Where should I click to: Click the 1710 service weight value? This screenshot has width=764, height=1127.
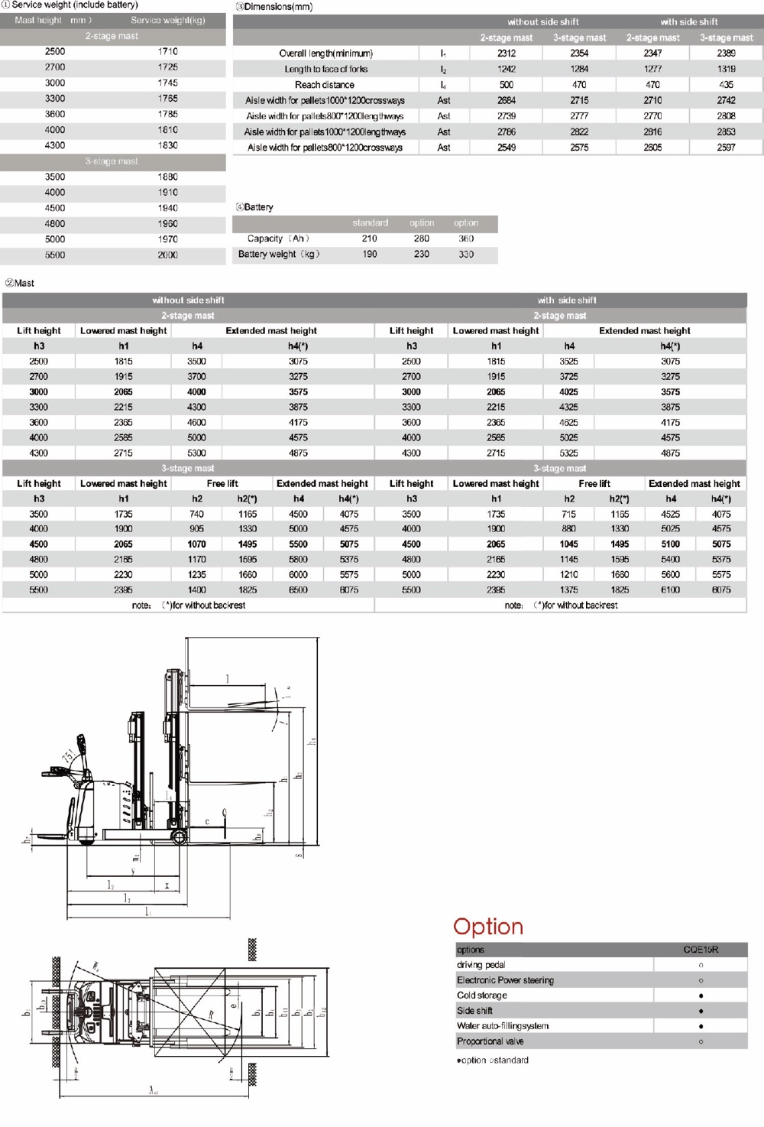pyautogui.click(x=167, y=51)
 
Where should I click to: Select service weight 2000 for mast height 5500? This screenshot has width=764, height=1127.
pyautogui.click(x=167, y=255)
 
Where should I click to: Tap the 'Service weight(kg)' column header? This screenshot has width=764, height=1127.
pyautogui.click(x=167, y=20)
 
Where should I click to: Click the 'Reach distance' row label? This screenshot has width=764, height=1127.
pyautogui.click(x=324, y=85)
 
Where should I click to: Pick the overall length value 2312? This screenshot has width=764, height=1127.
pyautogui.click(x=506, y=54)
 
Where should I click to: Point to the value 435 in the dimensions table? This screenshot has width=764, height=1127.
pyautogui.click(x=726, y=85)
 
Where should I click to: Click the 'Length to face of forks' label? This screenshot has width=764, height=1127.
pyautogui.click(x=325, y=69)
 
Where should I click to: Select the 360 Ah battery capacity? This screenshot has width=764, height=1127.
pyautogui.click(x=466, y=239)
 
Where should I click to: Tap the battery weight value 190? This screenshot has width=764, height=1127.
pyautogui.click(x=370, y=254)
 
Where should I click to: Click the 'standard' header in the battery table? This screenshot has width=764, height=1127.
pyautogui.click(x=370, y=222)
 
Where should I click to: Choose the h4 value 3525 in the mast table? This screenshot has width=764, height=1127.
pyautogui.click(x=568, y=361)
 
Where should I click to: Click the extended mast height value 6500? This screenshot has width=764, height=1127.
pyautogui.click(x=298, y=589)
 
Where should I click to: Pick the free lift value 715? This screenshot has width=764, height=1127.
pyautogui.click(x=568, y=514)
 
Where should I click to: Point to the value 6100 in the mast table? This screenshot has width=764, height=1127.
pyautogui.click(x=670, y=589)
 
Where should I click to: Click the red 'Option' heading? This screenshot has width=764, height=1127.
pyautogui.click(x=488, y=926)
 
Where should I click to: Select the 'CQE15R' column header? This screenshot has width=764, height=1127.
pyautogui.click(x=700, y=950)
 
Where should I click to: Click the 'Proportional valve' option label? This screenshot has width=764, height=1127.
pyautogui.click(x=490, y=1041)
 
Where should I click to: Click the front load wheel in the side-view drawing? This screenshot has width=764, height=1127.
pyautogui.click(x=179, y=837)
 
